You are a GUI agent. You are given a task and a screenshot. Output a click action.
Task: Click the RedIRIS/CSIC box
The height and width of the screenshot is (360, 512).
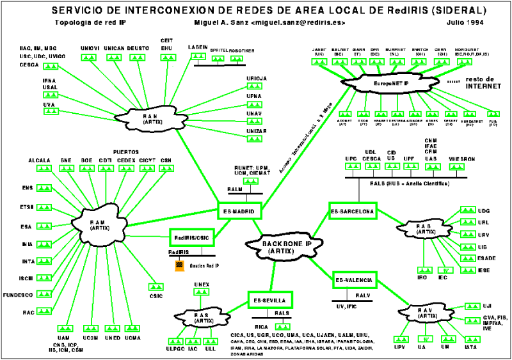point(191,237)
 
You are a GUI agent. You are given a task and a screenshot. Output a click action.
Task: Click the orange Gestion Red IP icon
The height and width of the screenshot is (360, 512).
point(180,264)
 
